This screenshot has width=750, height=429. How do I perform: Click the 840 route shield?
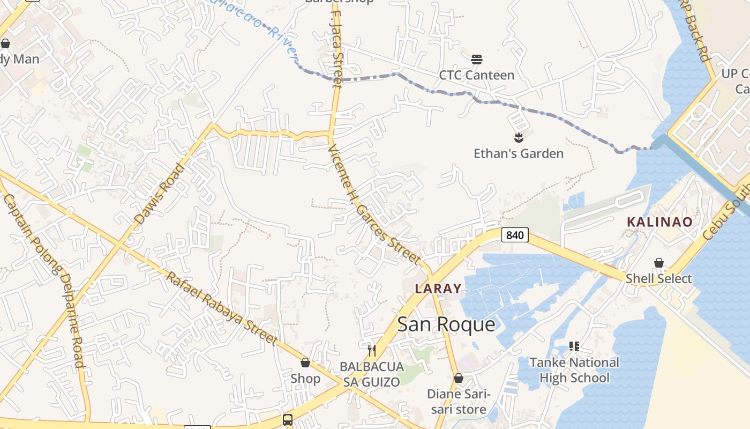pyautogui.click(x=515, y=235)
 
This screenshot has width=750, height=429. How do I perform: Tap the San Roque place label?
pyautogui.click(x=446, y=324)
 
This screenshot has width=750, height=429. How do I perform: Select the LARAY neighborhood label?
pyautogui.click(x=438, y=289)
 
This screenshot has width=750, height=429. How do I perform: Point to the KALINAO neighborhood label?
pyautogui.click(x=659, y=222)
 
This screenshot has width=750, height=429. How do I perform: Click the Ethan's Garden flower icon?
pyautogui.click(x=518, y=138)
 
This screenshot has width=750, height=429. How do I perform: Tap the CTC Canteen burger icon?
pyautogui.click(x=476, y=59)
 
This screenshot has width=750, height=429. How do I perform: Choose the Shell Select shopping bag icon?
pyautogui.click(x=659, y=263)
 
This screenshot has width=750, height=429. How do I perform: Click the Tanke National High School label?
pyautogui.click(x=574, y=370)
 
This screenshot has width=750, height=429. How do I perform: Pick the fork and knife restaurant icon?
pyautogui.click(x=372, y=351)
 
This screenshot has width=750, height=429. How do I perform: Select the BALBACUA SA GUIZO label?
pyautogui.click(x=372, y=374)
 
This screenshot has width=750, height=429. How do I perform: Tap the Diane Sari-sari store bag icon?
pyautogui.click(x=458, y=378)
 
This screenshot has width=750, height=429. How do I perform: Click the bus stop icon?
pyautogui.click(x=288, y=419)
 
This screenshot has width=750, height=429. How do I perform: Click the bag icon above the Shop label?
pyautogui.click(x=305, y=363)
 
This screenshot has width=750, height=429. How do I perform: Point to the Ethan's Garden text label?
pyautogui.click(x=519, y=154)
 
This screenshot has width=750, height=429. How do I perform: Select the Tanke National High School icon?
pyautogui.click(x=574, y=346)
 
